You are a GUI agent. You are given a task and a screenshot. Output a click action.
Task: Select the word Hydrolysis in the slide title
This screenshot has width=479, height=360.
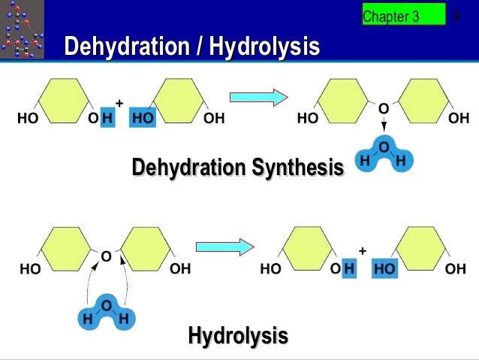265,47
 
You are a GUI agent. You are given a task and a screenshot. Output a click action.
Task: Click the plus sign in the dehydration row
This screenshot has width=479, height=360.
119,103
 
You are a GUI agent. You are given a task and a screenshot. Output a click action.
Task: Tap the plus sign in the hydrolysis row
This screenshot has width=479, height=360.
362,251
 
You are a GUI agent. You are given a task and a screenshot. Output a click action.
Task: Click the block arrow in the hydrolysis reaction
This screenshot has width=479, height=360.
222,246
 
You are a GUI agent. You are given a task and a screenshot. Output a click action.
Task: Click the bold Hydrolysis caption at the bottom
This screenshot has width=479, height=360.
238,335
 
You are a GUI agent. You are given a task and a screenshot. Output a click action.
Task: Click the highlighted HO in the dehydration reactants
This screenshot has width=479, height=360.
141,119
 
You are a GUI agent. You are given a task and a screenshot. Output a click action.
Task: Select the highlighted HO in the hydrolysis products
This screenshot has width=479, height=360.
384,268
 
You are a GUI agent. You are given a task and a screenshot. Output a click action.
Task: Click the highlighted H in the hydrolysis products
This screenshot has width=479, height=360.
348,268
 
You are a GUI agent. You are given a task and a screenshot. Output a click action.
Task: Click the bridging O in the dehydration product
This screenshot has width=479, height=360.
383,109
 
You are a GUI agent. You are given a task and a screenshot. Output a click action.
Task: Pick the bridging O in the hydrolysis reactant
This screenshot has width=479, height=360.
106,257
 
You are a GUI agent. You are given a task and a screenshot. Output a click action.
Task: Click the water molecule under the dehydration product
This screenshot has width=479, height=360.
383,155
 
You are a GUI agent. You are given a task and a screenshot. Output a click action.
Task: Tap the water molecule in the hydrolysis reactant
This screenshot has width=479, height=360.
106,312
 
